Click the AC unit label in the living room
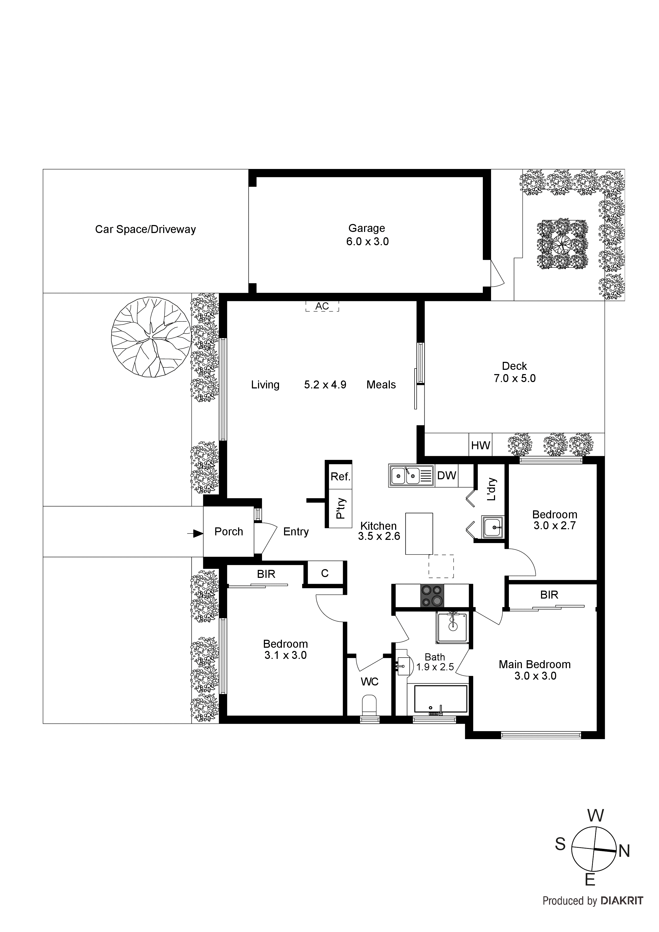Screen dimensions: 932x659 coord(322,306)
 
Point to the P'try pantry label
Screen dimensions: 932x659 coord(340,508)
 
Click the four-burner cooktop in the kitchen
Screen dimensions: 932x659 coord(432,595)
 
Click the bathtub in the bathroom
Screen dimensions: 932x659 coord(441,699)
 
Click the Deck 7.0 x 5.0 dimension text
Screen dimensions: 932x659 coord(514,378)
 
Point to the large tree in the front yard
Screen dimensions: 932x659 coord(151,337)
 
